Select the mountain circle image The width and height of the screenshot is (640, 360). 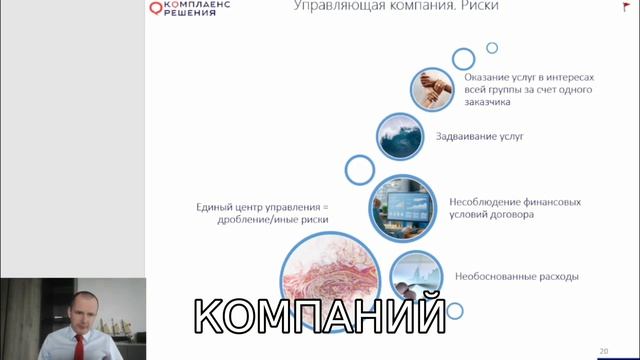(x=403, y=137)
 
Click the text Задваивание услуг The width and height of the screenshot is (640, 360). (x=479, y=136)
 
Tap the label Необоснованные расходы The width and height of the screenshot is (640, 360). (x=516, y=276)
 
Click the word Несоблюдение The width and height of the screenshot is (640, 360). (x=486, y=201)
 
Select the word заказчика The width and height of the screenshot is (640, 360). (x=487, y=102)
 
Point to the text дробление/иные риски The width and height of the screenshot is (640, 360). (x=272, y=221)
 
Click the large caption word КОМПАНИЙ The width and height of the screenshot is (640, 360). (x=318, y=317)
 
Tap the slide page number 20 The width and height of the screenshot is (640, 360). (x=604, y=350)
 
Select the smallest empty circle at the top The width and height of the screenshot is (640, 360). (x=492, y=47)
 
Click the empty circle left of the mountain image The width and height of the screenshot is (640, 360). (x=359, y=170)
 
